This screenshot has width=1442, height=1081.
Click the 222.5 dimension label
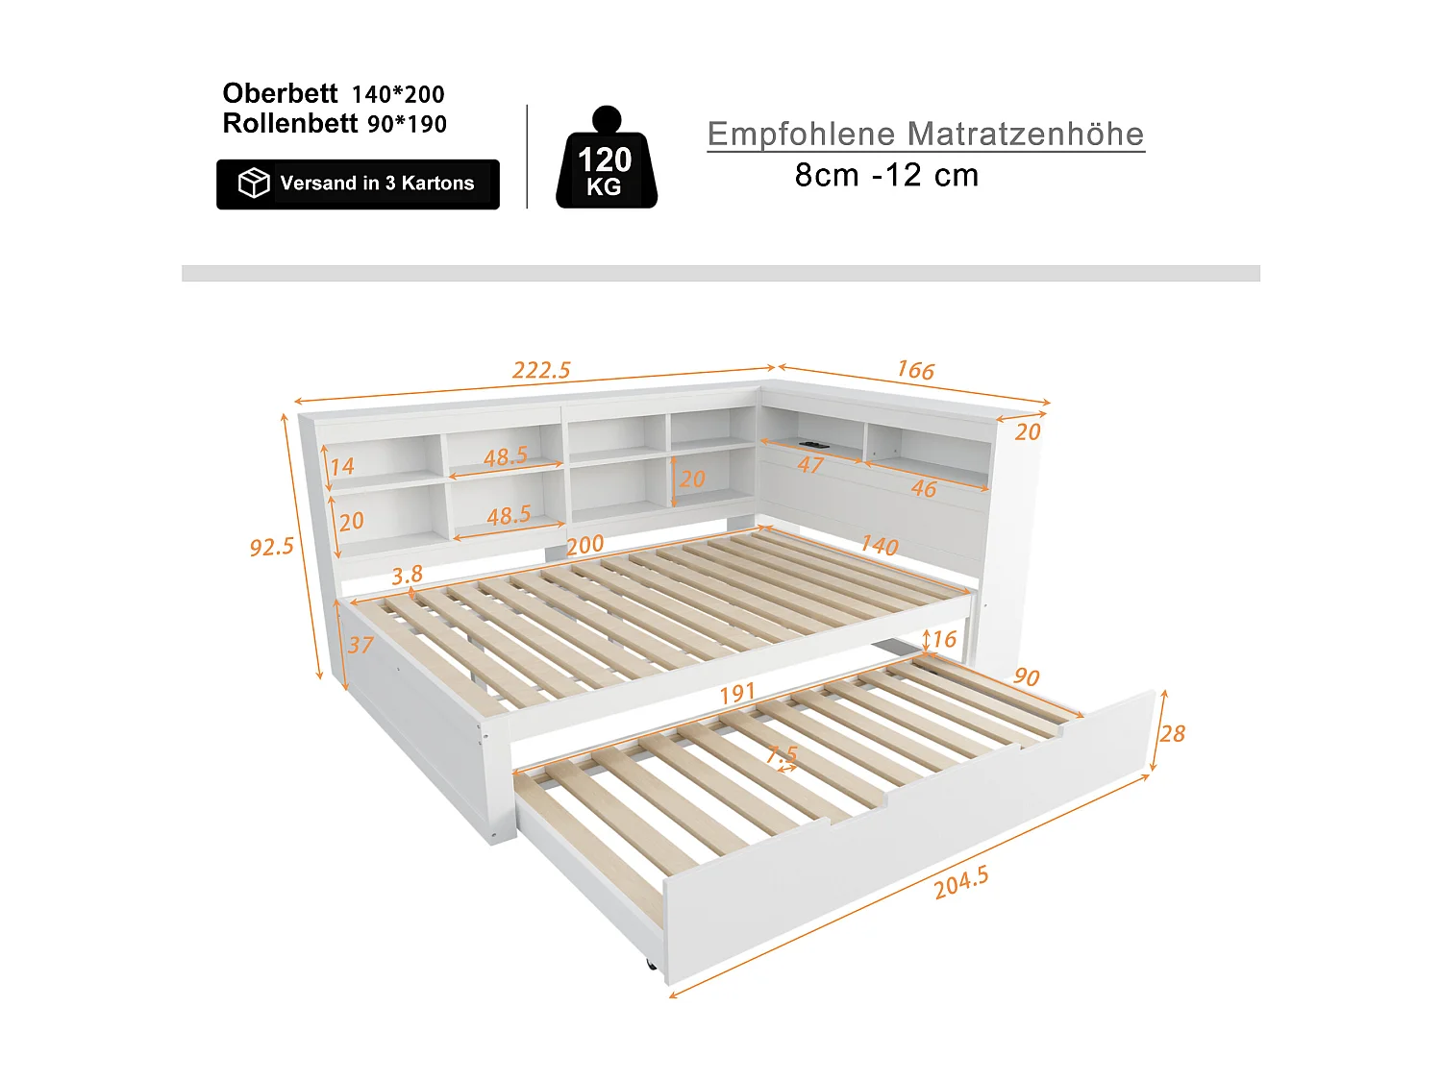[541, 370]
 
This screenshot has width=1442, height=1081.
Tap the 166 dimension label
[915, 370]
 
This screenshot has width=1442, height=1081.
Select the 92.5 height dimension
[272, 547]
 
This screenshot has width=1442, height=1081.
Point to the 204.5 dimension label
[961, 882]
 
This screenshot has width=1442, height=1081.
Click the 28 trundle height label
[1172, 734]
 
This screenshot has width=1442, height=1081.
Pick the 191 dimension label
[737, 693]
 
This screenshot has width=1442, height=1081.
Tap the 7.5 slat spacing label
[783, 754]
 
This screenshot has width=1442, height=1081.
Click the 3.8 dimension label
[407, 575]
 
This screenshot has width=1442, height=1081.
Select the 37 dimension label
[360, 645]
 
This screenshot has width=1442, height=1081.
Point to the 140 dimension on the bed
[879, 545]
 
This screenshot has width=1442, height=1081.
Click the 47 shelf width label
[810, 465]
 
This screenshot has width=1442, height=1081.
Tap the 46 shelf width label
[923, 488]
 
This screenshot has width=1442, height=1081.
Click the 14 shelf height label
[342, 466]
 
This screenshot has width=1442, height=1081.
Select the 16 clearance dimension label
[943, 639]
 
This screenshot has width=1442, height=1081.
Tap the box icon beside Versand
[254, 183]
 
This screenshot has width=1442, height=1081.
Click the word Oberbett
[280, 93]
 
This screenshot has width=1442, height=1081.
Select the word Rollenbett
[289, 124]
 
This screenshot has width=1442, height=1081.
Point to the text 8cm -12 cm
[886, 176]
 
